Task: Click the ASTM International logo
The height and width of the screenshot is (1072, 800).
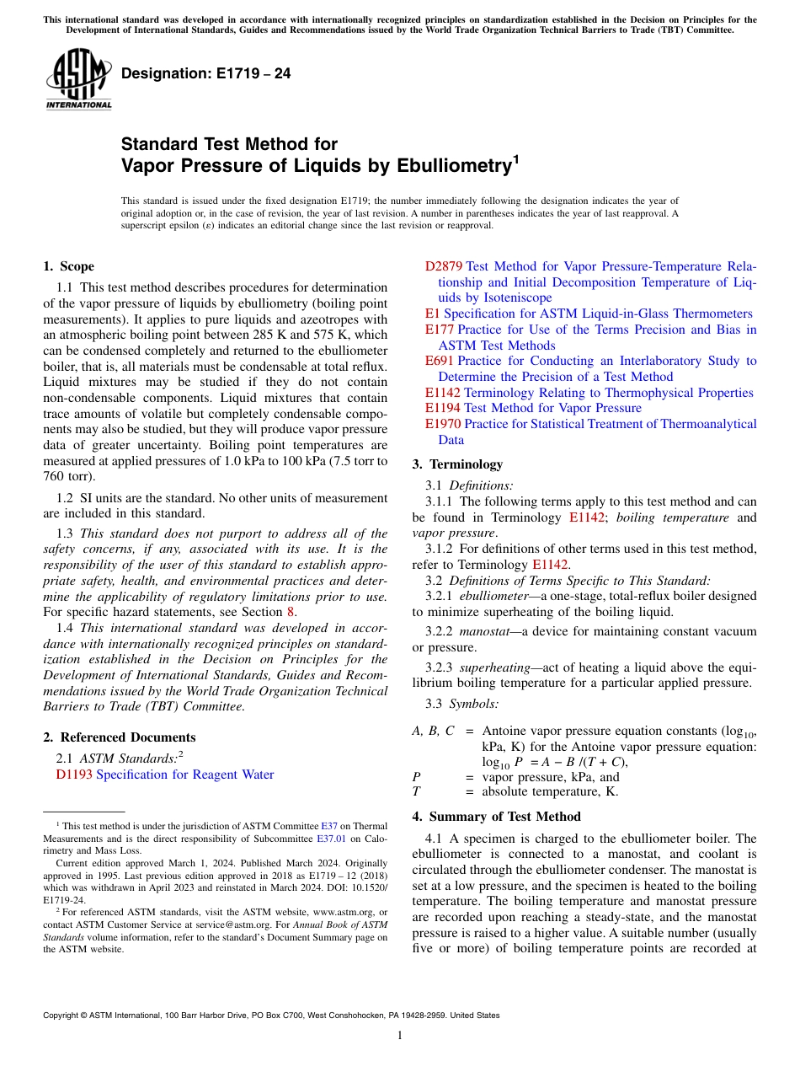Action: pos(78,80)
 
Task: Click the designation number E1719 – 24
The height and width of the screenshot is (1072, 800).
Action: pos(205,74)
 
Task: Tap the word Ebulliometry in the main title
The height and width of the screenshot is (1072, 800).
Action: pos(441,166)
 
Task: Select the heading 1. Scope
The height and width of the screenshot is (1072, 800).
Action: pos(68,266)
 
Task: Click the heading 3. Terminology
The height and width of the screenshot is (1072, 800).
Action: pos(457,464)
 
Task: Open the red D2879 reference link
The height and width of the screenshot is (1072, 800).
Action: pos(444,266)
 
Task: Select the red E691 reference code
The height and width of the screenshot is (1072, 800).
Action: pos(439,361)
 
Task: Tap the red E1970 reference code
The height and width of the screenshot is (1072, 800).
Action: pos(442,424)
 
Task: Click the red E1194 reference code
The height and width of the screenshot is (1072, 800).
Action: pos(442,408)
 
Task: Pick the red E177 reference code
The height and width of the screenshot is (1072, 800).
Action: pos(439,330)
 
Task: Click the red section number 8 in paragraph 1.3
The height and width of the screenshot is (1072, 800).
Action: pos(291,612)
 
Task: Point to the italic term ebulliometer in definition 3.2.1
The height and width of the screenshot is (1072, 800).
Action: pos(489,596)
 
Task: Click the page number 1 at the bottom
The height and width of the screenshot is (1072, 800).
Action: pos(400,1035)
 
